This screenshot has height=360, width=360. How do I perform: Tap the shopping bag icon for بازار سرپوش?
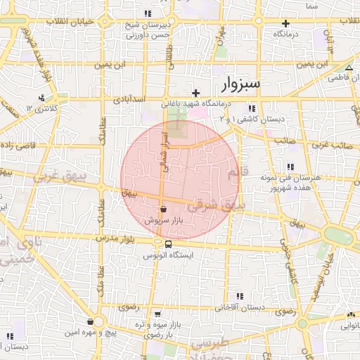(x=163, y=209)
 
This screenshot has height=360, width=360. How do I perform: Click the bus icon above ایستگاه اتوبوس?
(x=167, y=244)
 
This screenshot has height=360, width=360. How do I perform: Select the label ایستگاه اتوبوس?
(x=168, y=255)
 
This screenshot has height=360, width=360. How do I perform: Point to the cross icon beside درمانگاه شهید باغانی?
(x=196, y=93)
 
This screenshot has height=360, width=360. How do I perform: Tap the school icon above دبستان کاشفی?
(x=251, y=108)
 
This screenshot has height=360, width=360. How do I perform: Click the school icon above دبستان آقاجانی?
(x=240, y=296)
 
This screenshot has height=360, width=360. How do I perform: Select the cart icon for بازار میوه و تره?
(x=157, y=314)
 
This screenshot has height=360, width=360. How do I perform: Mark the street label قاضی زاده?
(x=18, y=143)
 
